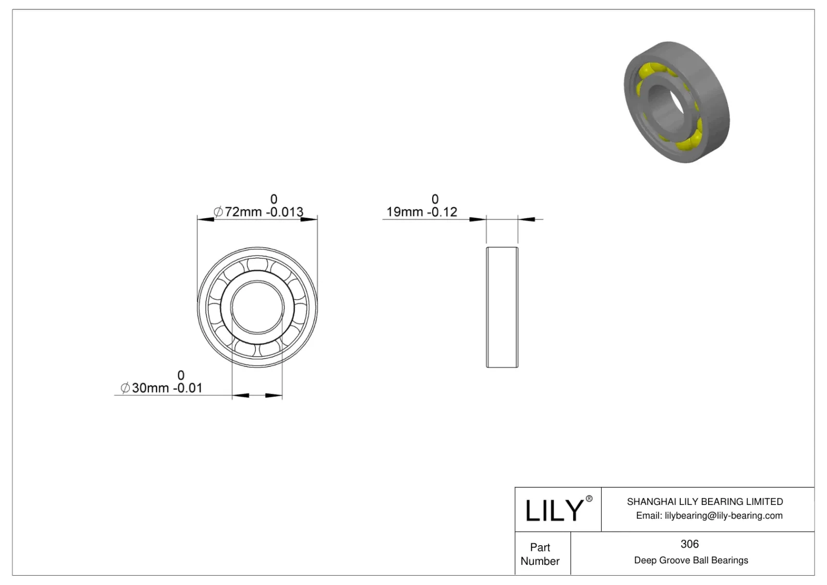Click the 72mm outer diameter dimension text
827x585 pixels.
[243, 212]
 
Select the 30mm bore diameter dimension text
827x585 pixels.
[150, 388]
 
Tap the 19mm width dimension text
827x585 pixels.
[404, 212]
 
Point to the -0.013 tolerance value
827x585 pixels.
[285, 212]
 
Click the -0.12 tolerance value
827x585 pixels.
[442, 212]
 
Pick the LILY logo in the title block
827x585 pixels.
[554, 511]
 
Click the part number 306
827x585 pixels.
[690, 544]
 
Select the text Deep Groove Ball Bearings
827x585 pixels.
[691, 560]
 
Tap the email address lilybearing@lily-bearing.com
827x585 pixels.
[723, 515]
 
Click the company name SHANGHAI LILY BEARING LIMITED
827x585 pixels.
[705, 501]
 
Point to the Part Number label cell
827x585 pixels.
[540, 554]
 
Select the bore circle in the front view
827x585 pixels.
[257, 307]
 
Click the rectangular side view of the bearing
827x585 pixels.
[502, 307]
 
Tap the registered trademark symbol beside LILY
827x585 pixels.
[589, 499]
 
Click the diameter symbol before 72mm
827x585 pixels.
[218, 212]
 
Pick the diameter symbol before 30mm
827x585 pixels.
[125, 388]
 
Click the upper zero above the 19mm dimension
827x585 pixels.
[435, 199]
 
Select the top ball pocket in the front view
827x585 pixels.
[257, 265]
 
